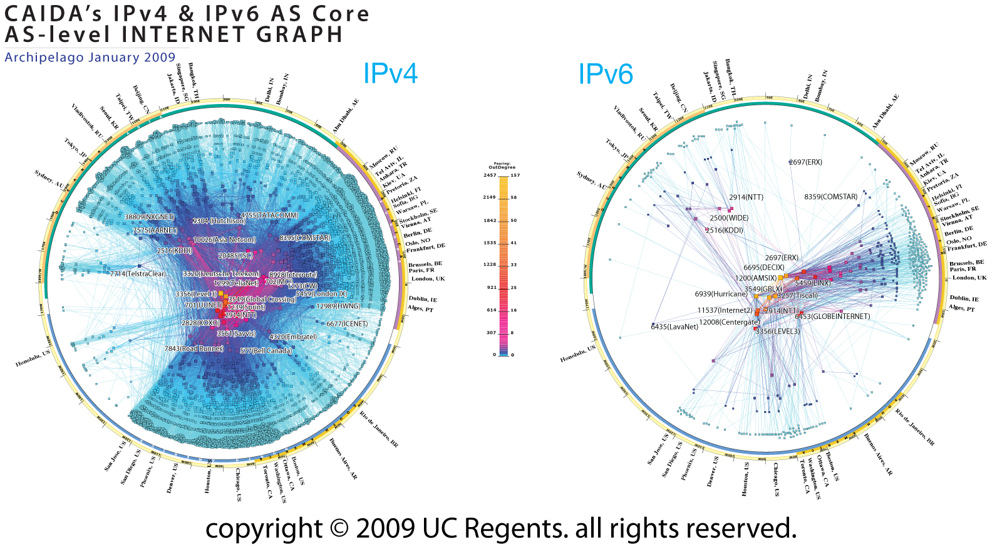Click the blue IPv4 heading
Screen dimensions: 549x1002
pos(390,74)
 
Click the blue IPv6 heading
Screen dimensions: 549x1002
pos(605,75)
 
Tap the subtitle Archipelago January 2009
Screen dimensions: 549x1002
pos(90,57)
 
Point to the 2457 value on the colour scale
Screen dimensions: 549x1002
pos(489,175)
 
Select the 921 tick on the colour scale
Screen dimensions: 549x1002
pos(492,287)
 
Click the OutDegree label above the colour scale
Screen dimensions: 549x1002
pos(502,167)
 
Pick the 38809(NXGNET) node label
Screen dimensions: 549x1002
pos(149,217)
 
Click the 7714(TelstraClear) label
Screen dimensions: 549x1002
pos(138,274)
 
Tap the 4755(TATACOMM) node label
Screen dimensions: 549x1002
pos(269,216)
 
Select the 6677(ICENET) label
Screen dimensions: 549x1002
pos(347,324)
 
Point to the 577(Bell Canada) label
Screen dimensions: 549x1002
pos(266,351)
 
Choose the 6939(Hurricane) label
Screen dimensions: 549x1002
pos(721,294)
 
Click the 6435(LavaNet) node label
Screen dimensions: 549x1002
pos(674,327)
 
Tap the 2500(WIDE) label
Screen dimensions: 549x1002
pos(729,218)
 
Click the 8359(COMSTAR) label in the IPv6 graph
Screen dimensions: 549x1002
pos(830,197)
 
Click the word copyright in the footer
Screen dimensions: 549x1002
pos(264,529)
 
